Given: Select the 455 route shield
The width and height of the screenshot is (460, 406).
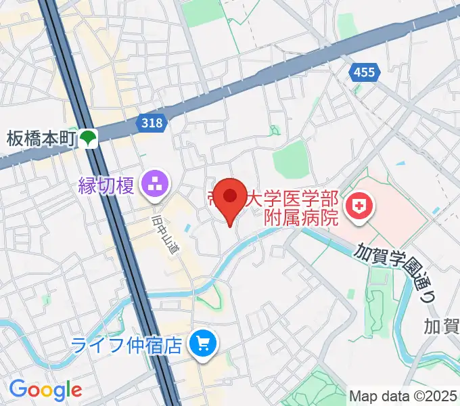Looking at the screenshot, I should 363,72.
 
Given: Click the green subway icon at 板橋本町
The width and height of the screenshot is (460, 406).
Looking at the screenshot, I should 88,139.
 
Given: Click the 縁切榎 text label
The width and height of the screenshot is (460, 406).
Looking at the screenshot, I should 107,184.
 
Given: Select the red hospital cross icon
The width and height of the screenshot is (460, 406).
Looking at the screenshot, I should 359,204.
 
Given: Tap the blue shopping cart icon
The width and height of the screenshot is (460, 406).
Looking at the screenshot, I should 202,345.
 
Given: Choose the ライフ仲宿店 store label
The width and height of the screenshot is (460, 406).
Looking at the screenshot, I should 128,346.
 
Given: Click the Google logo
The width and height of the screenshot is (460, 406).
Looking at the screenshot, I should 45,390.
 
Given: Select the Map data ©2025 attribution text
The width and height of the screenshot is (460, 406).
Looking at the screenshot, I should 403,396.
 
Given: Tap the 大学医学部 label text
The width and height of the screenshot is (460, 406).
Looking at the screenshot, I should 298,200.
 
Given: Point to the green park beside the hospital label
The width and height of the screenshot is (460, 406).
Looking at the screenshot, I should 291,158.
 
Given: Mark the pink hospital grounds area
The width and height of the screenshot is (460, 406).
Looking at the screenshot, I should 399,210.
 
